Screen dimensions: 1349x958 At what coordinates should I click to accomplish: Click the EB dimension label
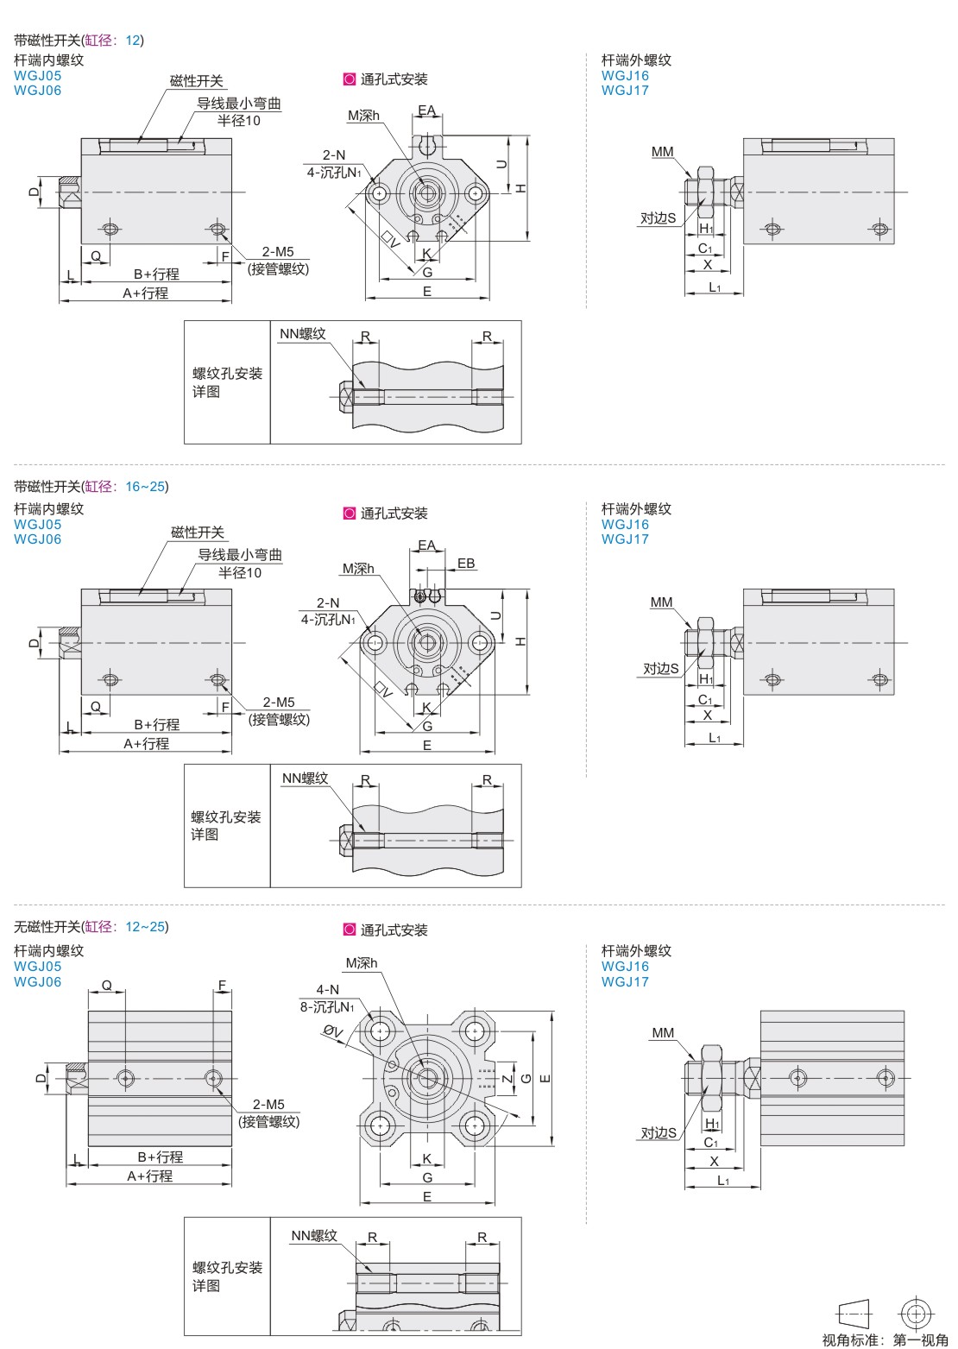click(466, 564)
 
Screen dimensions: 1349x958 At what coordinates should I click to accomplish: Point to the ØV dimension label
click(334, 1031)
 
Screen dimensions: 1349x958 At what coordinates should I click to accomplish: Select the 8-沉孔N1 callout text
click(327, 1006)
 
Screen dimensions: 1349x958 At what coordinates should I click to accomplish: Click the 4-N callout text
click(328, 990)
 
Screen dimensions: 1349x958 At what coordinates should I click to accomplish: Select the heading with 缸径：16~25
click(91, 487)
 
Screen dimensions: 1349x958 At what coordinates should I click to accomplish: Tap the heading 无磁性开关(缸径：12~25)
click(91, 927)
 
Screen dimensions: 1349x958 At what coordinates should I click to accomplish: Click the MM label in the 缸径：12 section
click(663, 152)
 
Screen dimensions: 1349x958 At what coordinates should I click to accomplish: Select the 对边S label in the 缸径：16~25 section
click(661, 668)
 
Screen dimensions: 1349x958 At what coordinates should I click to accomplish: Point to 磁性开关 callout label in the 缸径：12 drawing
click(197, 81)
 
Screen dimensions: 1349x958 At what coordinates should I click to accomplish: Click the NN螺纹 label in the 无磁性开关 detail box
click(313, 1236)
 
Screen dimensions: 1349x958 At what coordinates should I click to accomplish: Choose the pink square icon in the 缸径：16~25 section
click(350, 514)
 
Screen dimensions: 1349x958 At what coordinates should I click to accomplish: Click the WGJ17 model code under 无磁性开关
click(625, 981)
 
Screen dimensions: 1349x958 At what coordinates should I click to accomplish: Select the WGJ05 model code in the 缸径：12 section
click(38, 75)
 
